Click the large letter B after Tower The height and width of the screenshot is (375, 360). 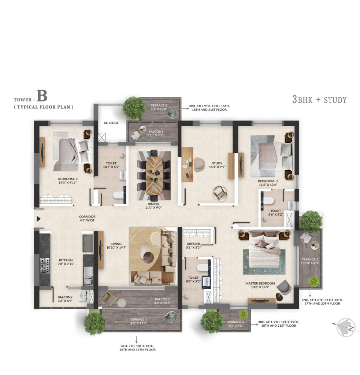click(x=42, y=97)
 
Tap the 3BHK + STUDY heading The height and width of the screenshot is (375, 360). click(x=319, y=99)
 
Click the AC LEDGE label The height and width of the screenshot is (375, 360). click(x=111, y=123)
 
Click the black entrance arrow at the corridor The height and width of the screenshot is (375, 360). click(x=38, y=219)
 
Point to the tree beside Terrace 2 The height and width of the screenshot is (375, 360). click(x=133, y=107)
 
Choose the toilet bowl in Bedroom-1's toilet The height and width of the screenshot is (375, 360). click(x=268, y=200)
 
